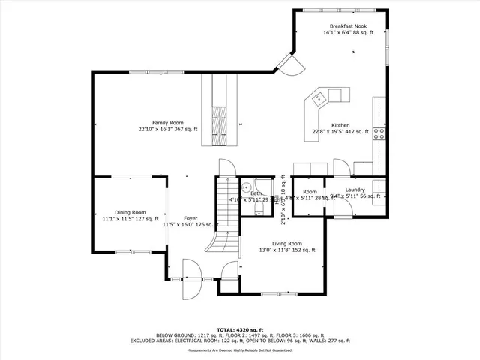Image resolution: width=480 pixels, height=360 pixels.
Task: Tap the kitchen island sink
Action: [319, 97]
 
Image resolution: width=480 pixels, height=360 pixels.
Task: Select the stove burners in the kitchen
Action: [380, 134]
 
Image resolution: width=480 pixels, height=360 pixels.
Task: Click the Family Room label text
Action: [168, 122]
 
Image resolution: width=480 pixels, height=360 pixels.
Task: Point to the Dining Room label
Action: [130, 212]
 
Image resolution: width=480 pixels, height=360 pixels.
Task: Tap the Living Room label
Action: [286, 243]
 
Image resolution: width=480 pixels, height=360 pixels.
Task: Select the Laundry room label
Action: [355, 190]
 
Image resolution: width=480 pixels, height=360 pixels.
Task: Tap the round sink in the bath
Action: [246, 188]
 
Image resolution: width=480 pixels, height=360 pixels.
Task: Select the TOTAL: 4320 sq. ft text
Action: [240, 329]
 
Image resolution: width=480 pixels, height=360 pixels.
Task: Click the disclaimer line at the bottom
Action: [240, 350]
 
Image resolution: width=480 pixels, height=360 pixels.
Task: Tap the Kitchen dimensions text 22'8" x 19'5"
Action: [340, 132]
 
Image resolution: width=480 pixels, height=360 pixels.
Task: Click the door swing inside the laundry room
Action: [341, 168]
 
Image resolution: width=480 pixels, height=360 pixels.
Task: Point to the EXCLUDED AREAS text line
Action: [240, 340]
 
